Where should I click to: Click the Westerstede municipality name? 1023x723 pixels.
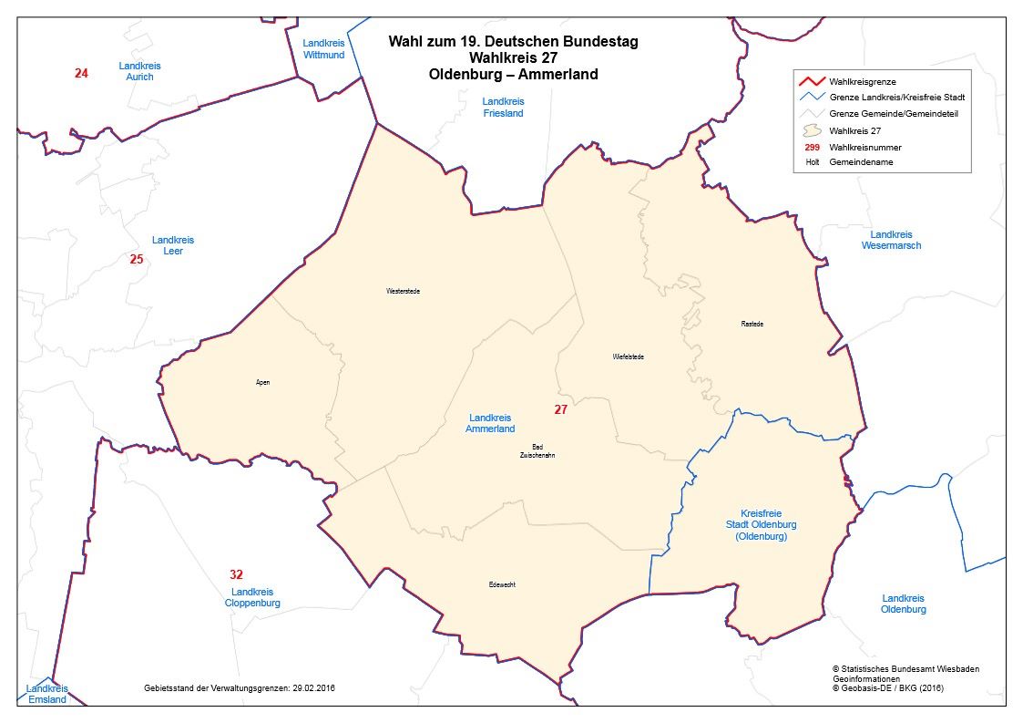click(403, 291)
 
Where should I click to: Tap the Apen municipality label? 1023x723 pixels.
click(262, 382)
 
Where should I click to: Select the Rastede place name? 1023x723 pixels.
click(752, 324)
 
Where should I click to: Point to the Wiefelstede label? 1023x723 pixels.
click(628, 356)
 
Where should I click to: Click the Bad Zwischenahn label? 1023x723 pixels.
click(537, 450)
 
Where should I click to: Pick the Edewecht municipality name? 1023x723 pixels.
click(502, 584)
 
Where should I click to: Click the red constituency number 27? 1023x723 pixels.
click(560, 410)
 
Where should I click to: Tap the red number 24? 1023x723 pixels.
click(81, 73)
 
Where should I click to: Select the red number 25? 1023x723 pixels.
click(137, 259)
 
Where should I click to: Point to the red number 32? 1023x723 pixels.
click(236, 574)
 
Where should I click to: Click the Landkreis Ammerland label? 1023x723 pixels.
click(490, 423)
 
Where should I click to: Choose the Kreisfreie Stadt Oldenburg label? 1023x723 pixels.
click(761, 525)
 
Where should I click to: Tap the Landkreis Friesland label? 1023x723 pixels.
click(504, 108)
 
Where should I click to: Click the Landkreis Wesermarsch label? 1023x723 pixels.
click(891, 240)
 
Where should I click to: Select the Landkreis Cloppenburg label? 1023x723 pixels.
click(252, 598)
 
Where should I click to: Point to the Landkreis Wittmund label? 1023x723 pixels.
click(323, 48)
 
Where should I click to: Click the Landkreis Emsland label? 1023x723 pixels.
click(46, 694)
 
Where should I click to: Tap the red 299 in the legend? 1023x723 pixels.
click(813, 147)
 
